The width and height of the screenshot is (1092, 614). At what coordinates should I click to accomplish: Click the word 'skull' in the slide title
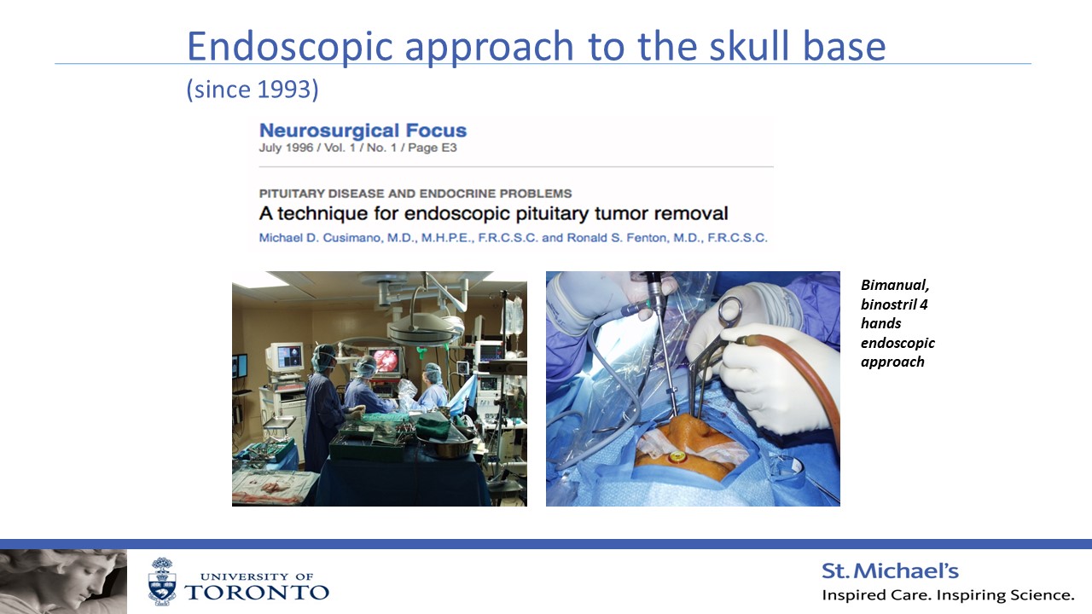click(749, 46)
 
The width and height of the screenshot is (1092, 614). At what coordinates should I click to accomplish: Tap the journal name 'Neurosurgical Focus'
click(363, 130)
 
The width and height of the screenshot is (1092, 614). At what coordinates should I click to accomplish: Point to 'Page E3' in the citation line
click(432, 148)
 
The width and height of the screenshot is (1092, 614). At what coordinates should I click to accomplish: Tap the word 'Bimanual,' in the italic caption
click(895, 286)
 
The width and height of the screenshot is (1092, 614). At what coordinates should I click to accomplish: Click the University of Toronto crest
click(162, 582)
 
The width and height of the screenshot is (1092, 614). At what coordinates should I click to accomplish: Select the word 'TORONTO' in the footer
click(257, 593)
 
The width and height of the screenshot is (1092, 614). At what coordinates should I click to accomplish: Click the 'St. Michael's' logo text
click(890, 571)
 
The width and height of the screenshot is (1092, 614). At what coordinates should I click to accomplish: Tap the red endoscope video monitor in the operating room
click(385, 362)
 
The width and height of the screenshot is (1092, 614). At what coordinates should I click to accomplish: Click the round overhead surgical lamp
click(424, 328)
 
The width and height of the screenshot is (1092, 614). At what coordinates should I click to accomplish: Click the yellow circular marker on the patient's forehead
click(677, 457)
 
